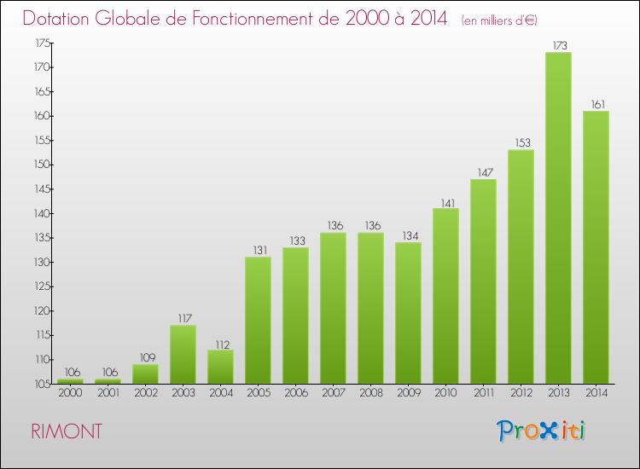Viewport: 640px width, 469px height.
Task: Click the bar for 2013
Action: point(558,218)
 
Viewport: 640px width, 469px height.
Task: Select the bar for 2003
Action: point(183,355)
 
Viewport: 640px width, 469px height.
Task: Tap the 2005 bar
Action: point(258,321)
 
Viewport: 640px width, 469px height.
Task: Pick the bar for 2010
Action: point(445,296)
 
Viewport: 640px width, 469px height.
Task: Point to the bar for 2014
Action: point(596,247)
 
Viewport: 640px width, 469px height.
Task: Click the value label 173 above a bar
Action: point(558,45)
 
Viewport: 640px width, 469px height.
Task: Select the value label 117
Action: point(183,318)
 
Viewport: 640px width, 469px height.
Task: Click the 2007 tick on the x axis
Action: point(333,394)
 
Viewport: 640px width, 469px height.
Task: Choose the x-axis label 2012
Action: point(521,394)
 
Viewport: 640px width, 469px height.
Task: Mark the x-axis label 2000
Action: point(70,394)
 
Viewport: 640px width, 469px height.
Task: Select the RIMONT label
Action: point(67,431)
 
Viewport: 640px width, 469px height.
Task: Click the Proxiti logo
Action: point(542,431)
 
